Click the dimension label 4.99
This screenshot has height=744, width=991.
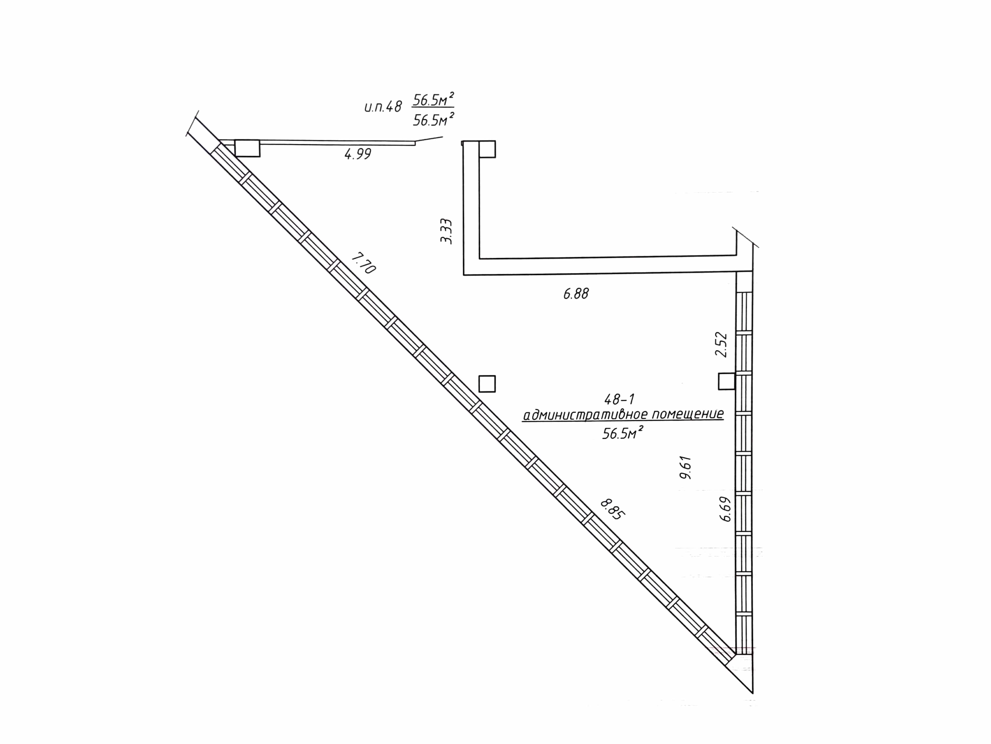click(357, 154)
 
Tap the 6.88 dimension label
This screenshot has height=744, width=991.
click(576, 294)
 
